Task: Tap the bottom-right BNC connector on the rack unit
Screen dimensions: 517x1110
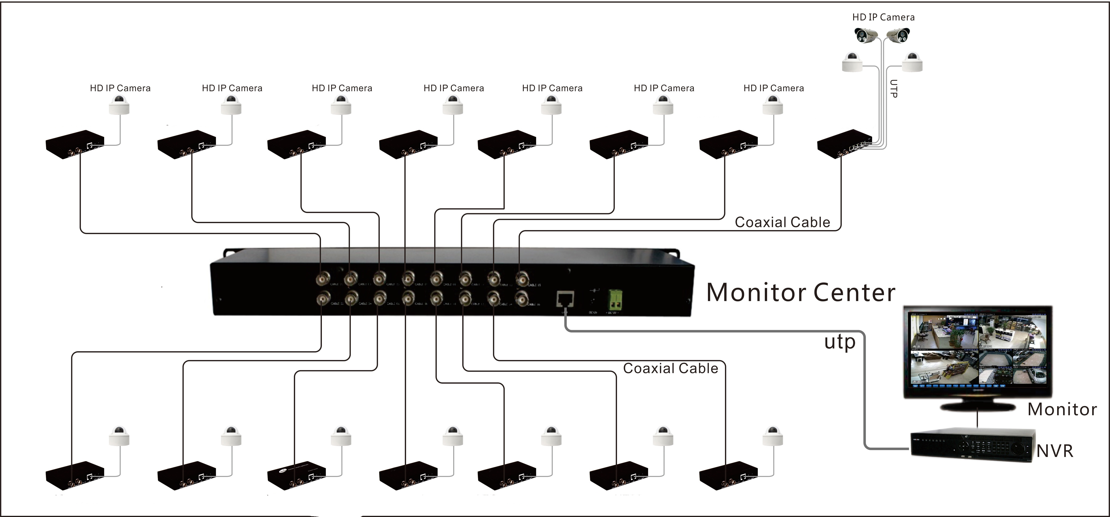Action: click(x=522, y=298)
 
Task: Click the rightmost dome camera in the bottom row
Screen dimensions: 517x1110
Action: click(x=773, y=436)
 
